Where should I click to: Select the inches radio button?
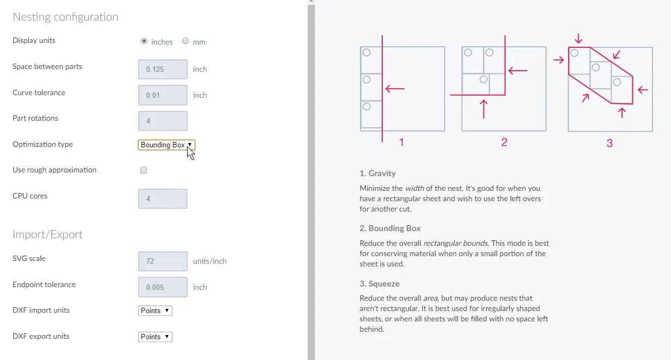click(x=144, y=41)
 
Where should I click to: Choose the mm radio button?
click(x=185, y=41)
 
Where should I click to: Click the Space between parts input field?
click(x=163, y=69)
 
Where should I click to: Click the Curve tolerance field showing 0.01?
click(x=163, y=95)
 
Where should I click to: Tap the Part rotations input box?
click(x=163, y=121)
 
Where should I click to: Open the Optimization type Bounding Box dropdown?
click(x=166, y=145)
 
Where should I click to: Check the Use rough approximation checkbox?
click(x=144, y=170)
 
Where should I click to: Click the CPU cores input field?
click(x=163, y=198)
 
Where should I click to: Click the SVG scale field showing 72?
click(x=163, y=261)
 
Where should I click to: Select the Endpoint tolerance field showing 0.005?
click(x=163, y=287)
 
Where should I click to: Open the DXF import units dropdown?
click(x=155, y=311)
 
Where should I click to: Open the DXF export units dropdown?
click(x=155, y=337)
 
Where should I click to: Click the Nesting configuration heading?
click(x=65, y=17)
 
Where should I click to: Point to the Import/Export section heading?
click(x=48, y=234)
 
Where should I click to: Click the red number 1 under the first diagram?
click(x=401, y=142)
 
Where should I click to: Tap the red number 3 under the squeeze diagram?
click(x=610, y=143)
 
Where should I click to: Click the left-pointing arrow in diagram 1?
click(x=395, y=89)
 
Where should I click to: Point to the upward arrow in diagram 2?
click(x=484, y=109)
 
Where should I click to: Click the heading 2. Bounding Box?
click(x=390, y=228)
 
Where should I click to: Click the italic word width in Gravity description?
click(x=414, y=188)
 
